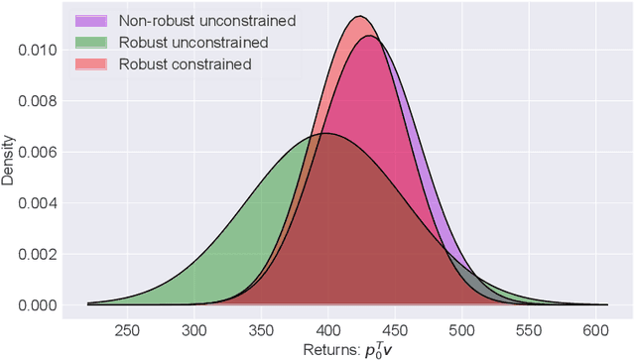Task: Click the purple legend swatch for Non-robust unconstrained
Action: pos(92,21)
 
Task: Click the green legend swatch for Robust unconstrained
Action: pos(92,43)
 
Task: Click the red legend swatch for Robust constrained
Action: pos(92,64)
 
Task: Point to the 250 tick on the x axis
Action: pos(127,329)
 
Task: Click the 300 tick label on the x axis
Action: pos(194,329)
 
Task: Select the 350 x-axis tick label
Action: pos(262,329)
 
